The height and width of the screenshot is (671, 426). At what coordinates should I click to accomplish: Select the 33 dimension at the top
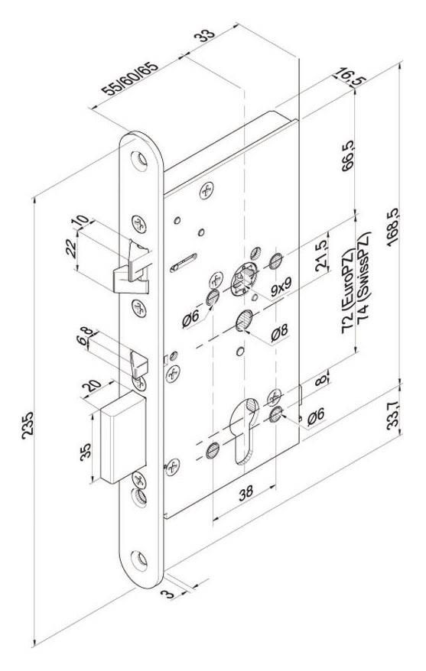click(x=205, y=35)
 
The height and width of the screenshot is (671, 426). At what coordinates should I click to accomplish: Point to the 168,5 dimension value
click(x=393, y=227)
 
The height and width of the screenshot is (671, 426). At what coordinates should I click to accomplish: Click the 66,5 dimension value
click(x=348, y=156)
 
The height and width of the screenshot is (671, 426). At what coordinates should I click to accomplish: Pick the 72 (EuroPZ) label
click(x=348, y=292)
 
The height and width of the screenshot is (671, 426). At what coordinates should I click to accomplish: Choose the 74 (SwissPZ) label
click(x=363, y=283)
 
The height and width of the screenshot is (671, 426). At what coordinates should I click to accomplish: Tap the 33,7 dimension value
click(x=393, y=414)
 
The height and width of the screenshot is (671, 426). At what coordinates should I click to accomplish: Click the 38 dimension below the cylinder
click(x=246, y=494)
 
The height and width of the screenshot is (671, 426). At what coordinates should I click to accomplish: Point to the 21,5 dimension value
click(x=321, y=255)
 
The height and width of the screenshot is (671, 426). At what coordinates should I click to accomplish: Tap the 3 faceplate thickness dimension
click(x=168, y=594)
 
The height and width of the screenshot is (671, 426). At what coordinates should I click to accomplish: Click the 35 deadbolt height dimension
click(x=85, y=452)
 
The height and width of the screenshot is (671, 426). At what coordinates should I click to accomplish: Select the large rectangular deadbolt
click(x=123, y=437)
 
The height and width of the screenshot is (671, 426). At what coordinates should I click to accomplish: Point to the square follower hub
click(x=244, y=279)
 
